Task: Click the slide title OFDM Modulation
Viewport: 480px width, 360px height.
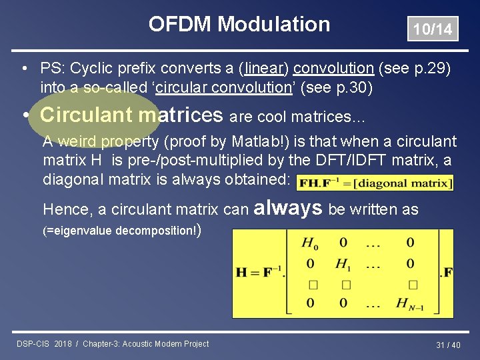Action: (239, 25)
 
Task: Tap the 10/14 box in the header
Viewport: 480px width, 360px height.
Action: (433, 29)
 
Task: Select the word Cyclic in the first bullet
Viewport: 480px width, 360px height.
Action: (92, 69)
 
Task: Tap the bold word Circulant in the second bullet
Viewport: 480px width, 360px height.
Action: (86, 115)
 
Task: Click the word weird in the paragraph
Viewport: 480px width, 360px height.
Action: (79, 141)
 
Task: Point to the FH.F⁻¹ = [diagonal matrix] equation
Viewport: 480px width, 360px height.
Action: (374, 182)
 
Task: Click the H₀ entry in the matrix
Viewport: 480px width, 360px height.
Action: (310, 243)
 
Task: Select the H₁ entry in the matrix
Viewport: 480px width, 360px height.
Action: (343, 264)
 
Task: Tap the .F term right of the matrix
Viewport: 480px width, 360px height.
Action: (445, 272)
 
